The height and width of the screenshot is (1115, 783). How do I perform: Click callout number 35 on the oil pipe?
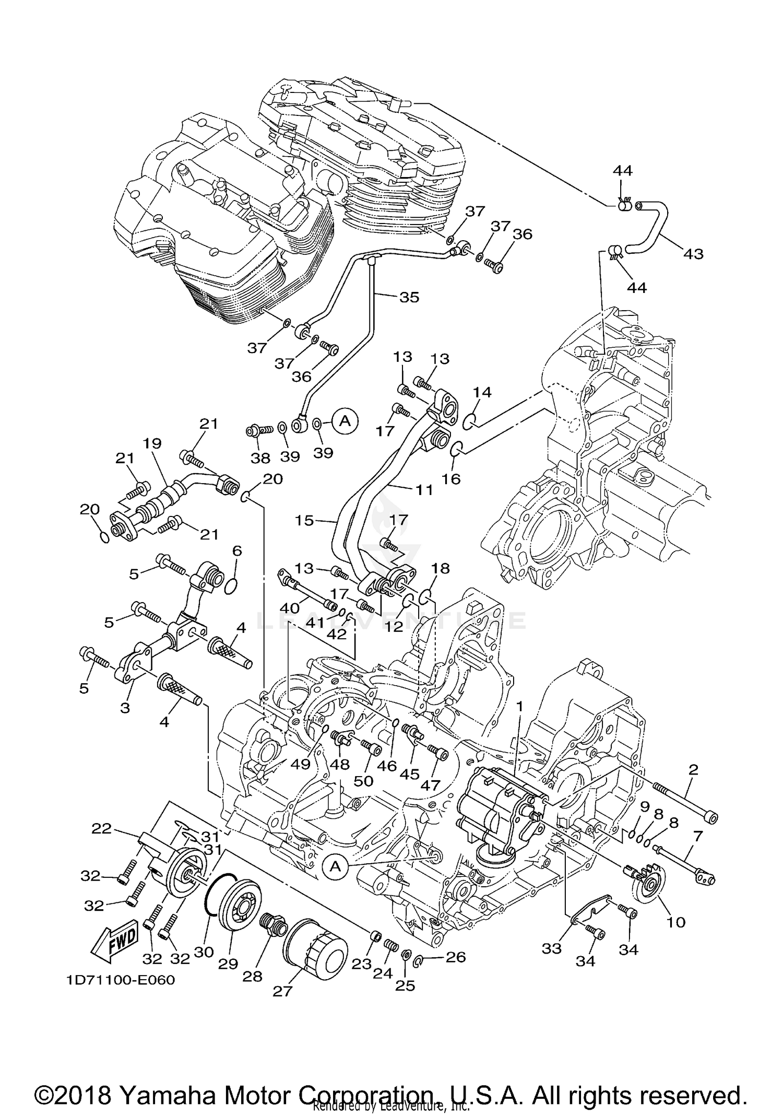click(409, 297)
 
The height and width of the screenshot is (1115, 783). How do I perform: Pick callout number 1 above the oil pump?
click(519, 705)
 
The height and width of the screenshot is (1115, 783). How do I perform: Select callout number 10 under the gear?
click(676, 922)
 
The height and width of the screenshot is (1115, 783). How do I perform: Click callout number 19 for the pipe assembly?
click(153, 444)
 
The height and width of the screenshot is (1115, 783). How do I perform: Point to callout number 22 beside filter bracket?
click(102, 828)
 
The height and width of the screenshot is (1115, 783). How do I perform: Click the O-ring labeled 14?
click(468, 420)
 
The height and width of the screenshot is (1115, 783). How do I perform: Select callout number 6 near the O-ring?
click(237, 550)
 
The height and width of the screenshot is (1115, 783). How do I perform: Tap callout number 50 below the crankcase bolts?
click(363, 781)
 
